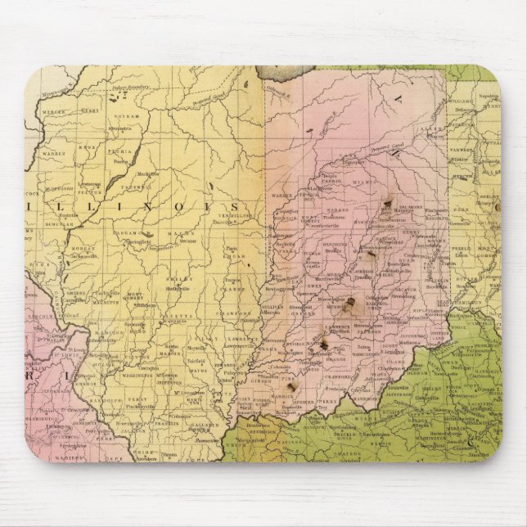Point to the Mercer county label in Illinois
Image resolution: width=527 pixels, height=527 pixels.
click(52, 110)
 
